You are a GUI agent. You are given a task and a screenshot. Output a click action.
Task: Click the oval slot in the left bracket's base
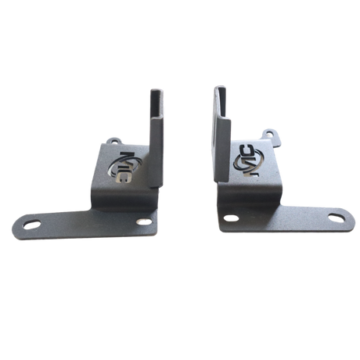[x=34, y=224]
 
